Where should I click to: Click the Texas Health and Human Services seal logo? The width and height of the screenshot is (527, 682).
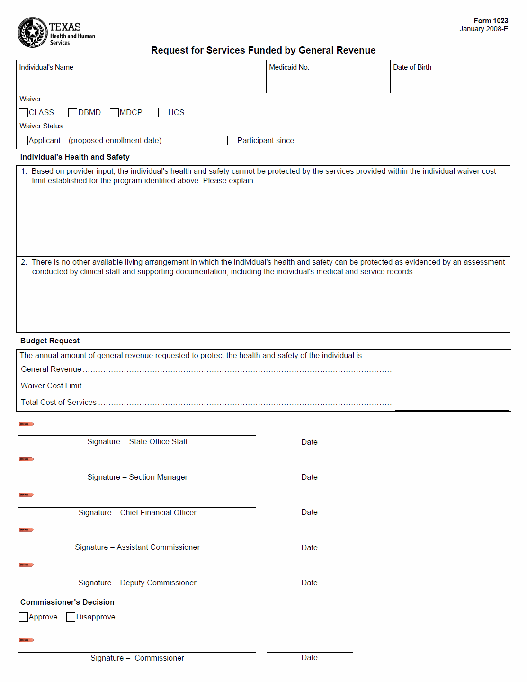point(32,32)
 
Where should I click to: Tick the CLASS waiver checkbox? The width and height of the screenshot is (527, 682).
point(24,113)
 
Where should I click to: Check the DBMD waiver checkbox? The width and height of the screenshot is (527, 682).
point(72,113)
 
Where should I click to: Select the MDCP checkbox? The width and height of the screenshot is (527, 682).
point(114,113)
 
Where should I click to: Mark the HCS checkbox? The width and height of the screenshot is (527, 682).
point(162,113)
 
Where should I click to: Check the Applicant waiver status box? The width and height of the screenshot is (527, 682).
point(24,141)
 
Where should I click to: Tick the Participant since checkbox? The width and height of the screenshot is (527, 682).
point(232,141)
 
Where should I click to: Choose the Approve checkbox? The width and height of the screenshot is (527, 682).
point(24,617)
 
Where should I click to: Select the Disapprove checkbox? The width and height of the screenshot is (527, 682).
point(71,617)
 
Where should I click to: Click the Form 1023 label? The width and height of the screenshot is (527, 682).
point(491,21)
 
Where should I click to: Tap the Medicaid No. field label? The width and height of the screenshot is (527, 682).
point(289,67)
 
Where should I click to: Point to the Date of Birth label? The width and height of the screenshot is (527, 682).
point(412,67)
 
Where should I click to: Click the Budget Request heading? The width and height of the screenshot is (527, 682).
point(50,341)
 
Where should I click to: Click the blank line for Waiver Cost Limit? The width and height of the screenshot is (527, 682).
point(451,389)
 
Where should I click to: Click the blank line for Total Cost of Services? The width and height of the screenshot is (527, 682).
point(451,405)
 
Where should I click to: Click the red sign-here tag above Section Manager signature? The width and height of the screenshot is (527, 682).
point(26,459)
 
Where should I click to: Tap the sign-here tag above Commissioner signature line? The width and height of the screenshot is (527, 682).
point(26,640)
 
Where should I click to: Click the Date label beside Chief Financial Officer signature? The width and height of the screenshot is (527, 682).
point(309,512)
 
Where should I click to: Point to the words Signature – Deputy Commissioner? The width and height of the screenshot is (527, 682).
point(137,583)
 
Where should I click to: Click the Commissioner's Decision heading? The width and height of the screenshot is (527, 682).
point(67,602)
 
